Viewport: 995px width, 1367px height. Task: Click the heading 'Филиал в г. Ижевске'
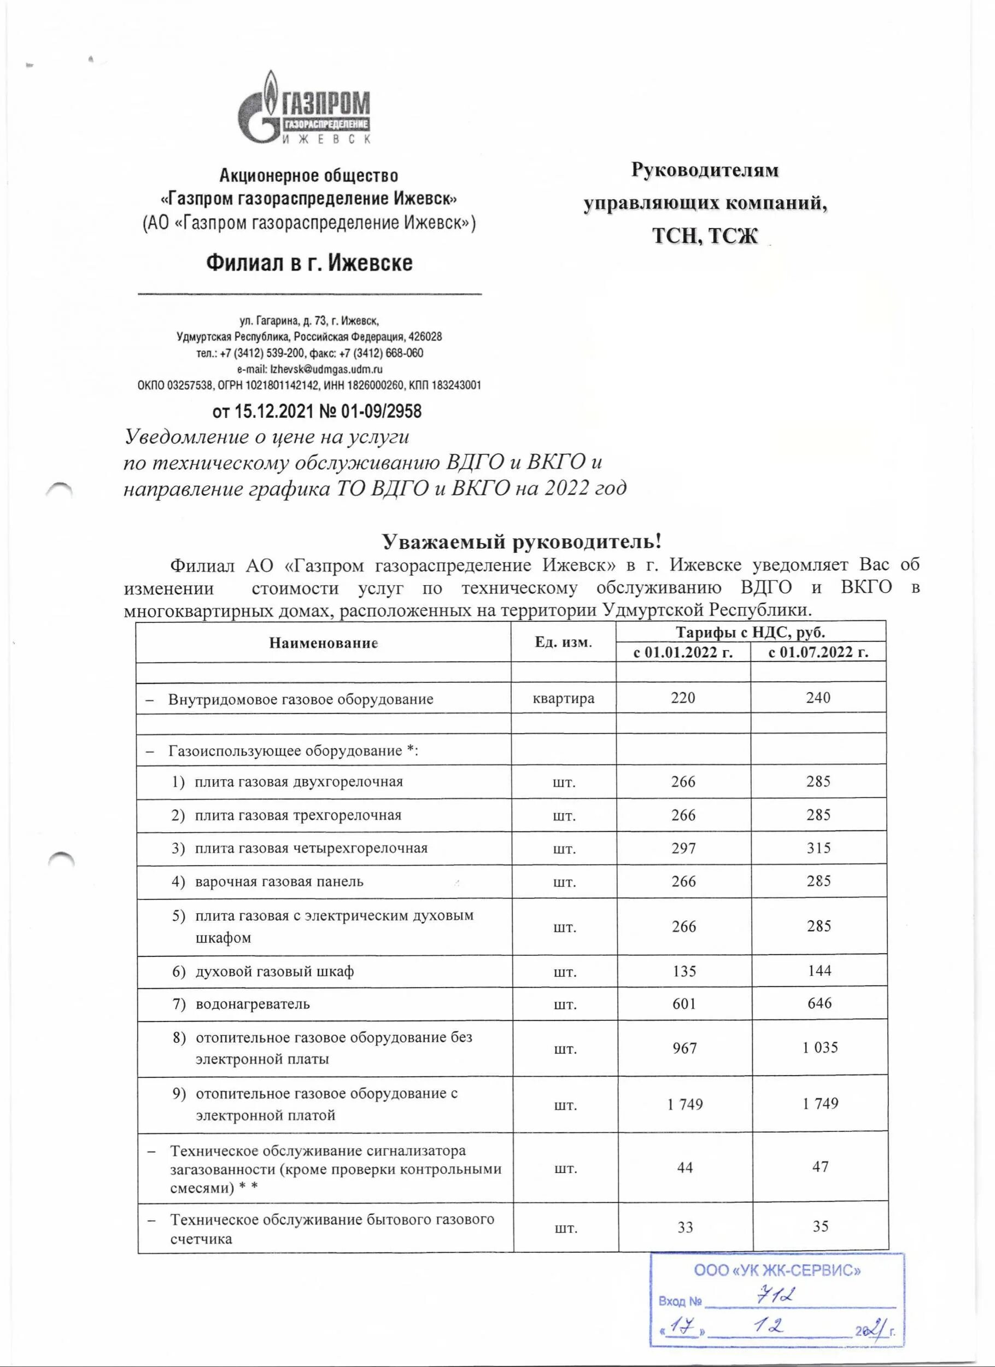click(309, 264)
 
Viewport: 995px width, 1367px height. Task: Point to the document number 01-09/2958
click(381, 411)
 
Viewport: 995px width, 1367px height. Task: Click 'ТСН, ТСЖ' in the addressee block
click(705, 236)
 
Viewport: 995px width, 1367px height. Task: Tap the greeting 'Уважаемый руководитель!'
click(522, 541)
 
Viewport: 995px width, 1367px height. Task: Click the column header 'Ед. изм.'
click(563, 642)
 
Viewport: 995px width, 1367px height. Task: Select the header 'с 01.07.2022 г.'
click(818, 652)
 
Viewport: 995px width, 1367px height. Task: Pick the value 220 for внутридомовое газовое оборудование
click(683, 698)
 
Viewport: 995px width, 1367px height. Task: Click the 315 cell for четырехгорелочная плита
click(818, 848)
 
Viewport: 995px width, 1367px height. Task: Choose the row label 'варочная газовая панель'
click(279, 882)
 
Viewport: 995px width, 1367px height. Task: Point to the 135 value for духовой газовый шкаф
click(683, 971)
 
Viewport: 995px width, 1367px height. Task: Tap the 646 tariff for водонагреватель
click(819, 1003)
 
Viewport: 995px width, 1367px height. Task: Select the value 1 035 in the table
click(820, 1048)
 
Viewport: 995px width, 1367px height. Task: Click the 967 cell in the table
click(684, 1048)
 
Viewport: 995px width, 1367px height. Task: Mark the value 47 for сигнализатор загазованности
click(820, 1167)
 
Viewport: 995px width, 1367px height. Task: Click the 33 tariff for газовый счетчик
click(684, 1227)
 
